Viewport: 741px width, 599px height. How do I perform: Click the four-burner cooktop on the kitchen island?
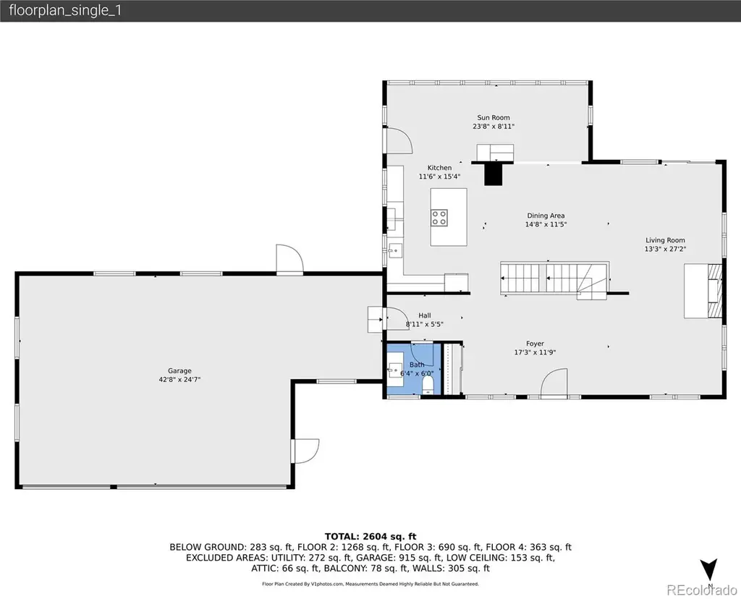439,218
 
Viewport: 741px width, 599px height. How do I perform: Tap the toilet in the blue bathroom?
428,383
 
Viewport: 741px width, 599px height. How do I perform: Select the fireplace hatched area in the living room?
714,291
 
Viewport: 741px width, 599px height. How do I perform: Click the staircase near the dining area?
554,280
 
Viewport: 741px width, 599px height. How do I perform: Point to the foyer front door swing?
554,382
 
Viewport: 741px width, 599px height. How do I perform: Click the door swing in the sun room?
399,140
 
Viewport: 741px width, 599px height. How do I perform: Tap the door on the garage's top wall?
289,259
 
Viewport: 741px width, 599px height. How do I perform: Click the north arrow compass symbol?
709,570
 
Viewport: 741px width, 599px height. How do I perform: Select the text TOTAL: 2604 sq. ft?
370,536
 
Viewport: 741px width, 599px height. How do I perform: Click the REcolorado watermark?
702,590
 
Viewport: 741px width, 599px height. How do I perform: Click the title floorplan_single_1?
65,10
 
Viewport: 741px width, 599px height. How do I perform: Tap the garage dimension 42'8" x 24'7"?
179,379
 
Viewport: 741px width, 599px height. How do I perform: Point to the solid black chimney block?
493,174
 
